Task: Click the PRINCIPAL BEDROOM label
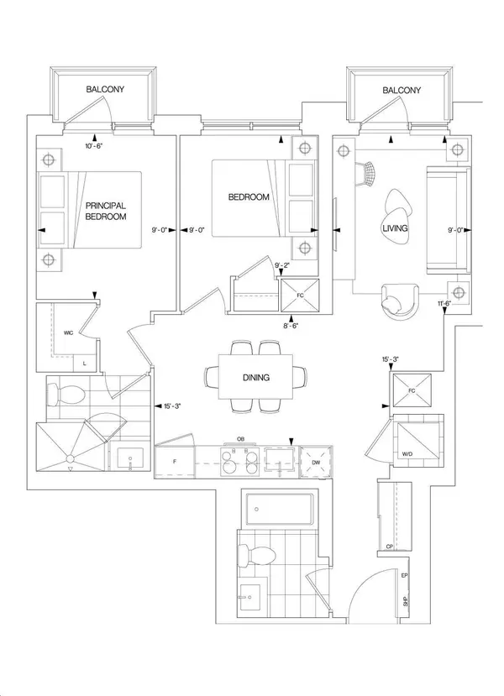[x=105, y=210]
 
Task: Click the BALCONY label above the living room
[x=401, y=88]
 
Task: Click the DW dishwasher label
[x=314, y=461]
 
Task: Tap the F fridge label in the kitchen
[x=174, y=462]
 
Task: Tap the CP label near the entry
[x=389, y=547]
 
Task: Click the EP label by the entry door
[x=404, y=578]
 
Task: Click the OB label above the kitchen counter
[x=240, y=438]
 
